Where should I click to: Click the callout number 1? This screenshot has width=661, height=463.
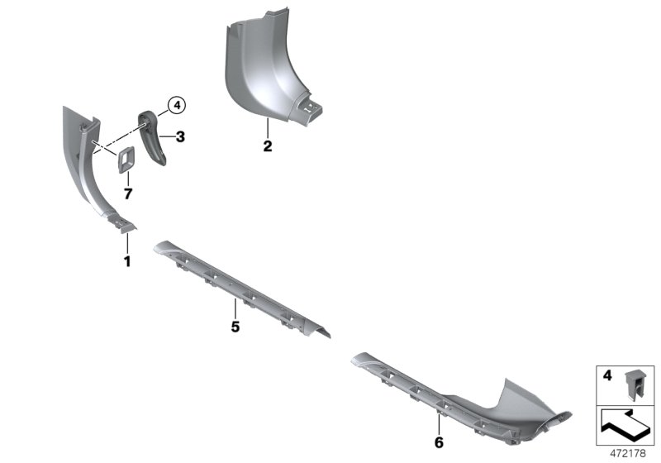127,261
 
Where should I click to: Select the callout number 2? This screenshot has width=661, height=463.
268,147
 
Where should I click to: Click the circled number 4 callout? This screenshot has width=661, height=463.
177,105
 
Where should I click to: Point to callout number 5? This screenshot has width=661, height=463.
235,327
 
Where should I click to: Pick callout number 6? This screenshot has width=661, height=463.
439,442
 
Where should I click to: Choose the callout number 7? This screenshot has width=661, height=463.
127,193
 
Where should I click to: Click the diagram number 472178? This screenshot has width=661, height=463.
627,451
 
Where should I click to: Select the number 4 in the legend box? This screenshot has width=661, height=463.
606,375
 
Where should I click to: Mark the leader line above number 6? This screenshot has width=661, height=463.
439,424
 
